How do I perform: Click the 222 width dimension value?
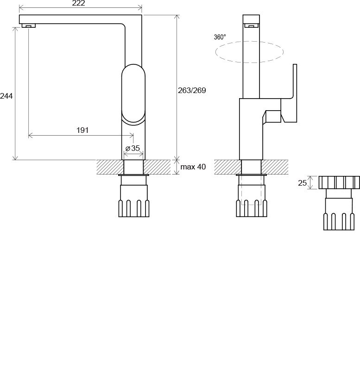(78, 3)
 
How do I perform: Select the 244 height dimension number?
(6, 96)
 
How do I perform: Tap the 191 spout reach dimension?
(82, 130)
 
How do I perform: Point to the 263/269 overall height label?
(192, 90)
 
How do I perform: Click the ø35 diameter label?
(133, 148)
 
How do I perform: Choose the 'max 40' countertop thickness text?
(193, 167)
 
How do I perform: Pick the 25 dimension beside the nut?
(302, 183)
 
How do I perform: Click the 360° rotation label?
(220, 37)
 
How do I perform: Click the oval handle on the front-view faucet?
(133, 94)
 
